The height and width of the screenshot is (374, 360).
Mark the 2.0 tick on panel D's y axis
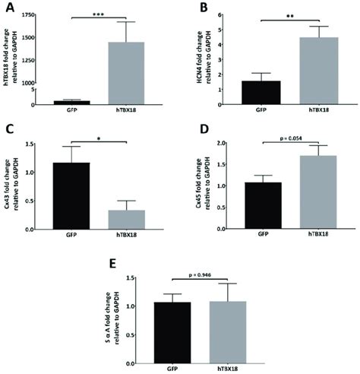228,143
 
